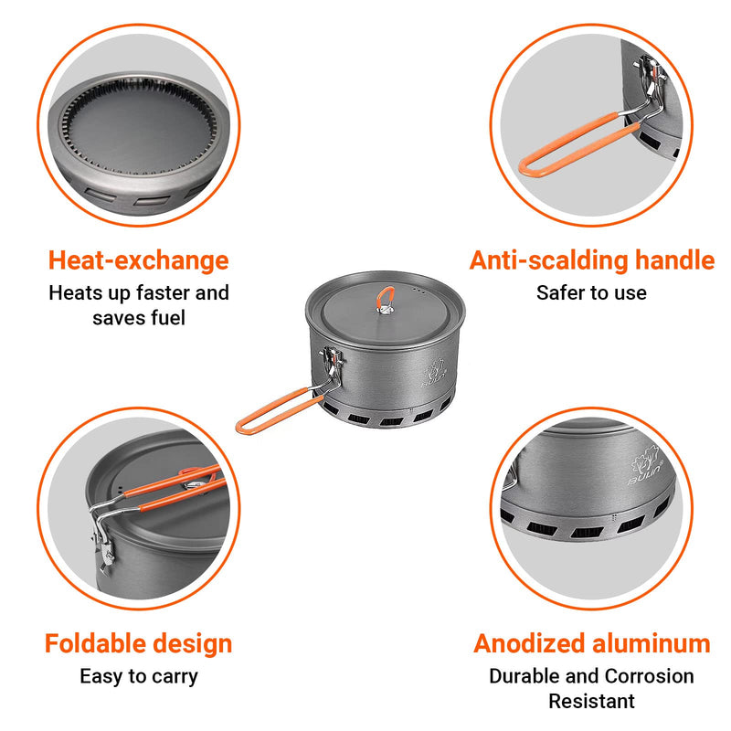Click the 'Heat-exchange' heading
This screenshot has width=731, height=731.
(x=138, y=260)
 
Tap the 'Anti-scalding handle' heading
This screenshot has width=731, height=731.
(x=592, y=260)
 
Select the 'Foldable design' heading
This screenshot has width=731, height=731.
(x=138, y=643)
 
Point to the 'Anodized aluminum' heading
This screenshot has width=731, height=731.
(x=592, y=643)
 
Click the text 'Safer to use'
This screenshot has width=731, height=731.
(x=591, y=293)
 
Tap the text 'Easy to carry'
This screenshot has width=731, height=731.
(x=138, y=676)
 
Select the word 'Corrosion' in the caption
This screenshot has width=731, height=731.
(x=649, y=676)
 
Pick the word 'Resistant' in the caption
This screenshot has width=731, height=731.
(x=591, y=701)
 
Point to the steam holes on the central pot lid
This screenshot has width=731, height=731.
(x=418, y=289)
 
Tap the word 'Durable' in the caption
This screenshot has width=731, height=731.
(x=524, y=676)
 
